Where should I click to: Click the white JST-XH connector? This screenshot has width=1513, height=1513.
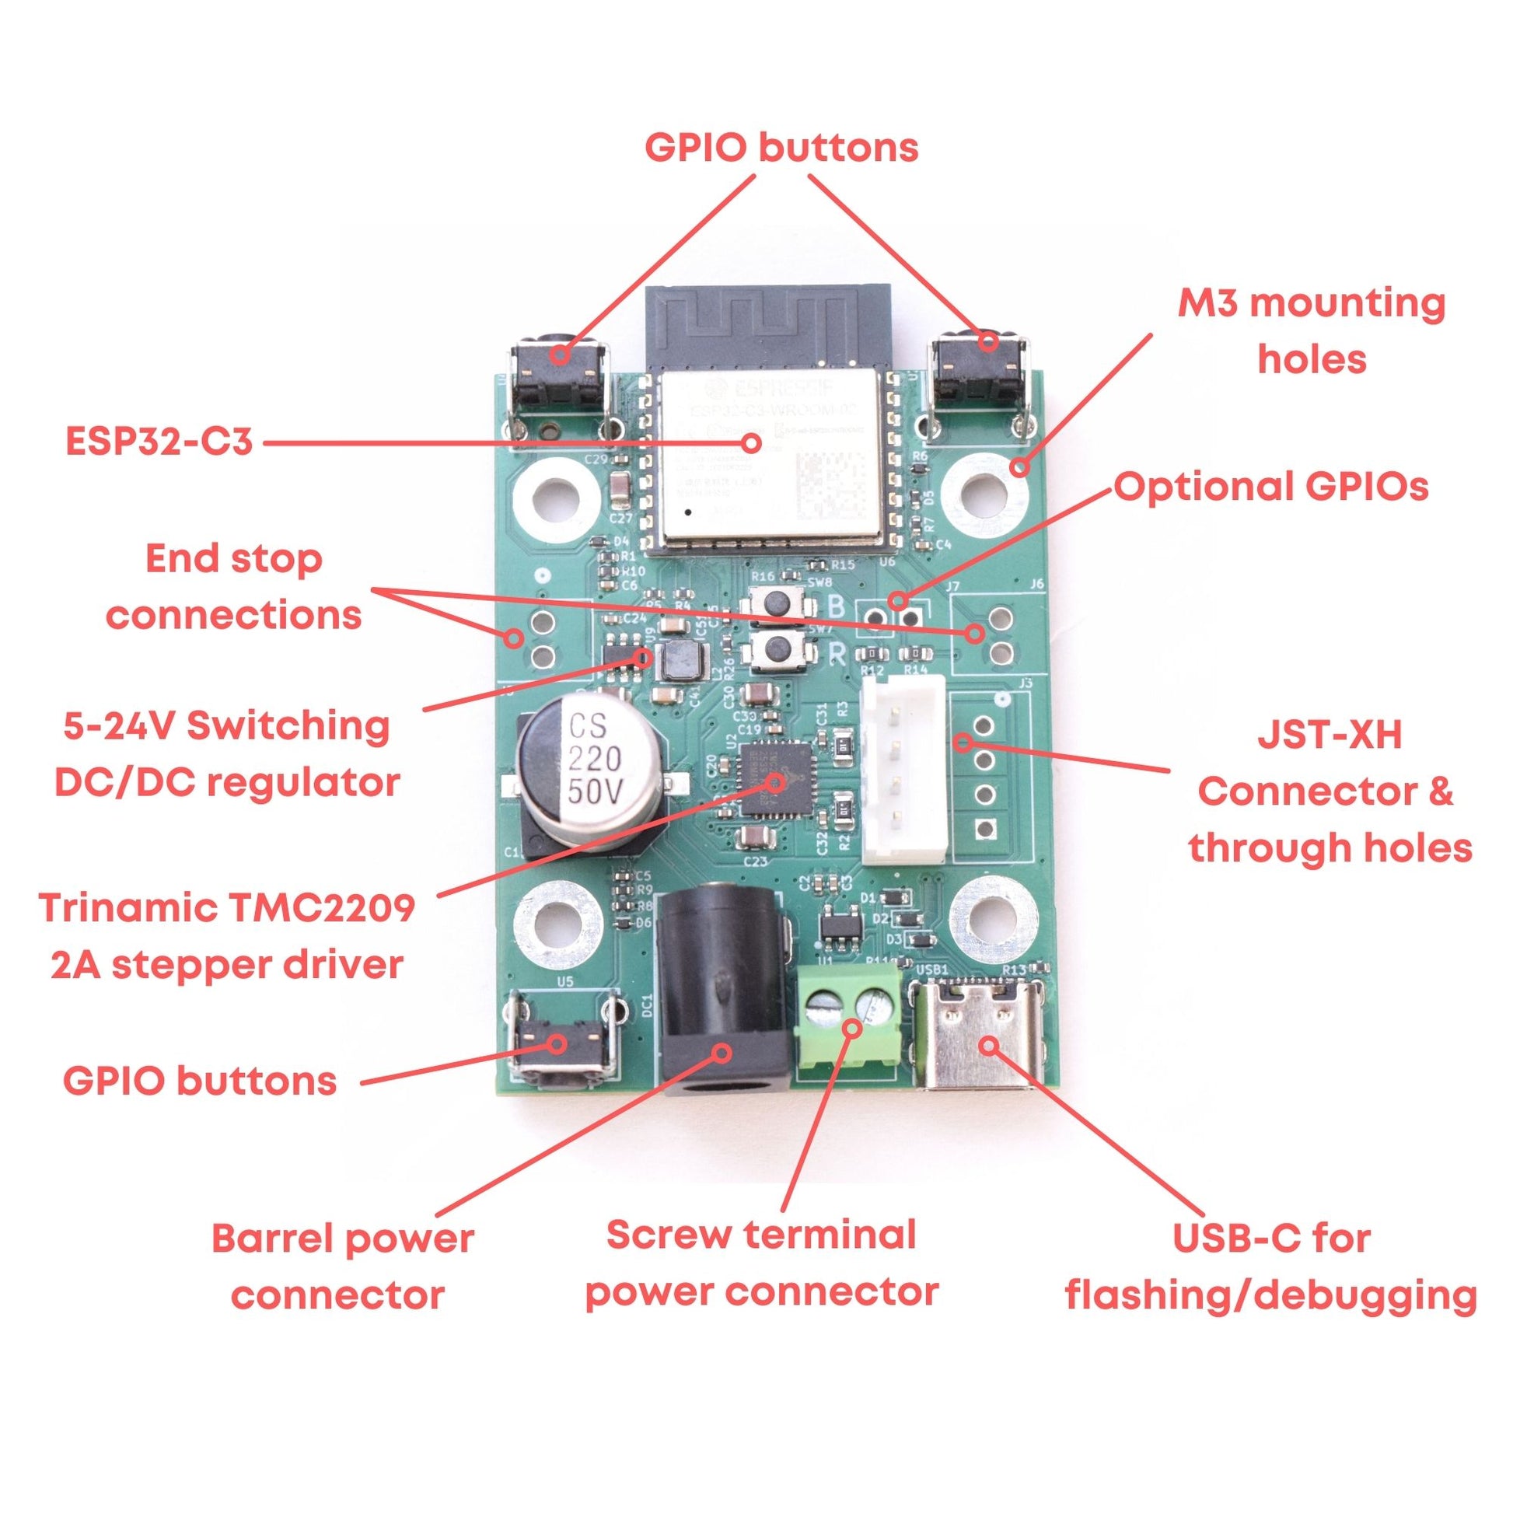pyautogui.click(x=903, y=771)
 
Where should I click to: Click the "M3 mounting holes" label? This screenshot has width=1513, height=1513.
pyautogui.click(x=1311, y=331)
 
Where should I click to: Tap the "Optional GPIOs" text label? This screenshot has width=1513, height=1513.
pyautogui.click(x=1270, y=487)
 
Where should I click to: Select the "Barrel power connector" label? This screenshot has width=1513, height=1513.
pyautogui.click(x=343, y=1267)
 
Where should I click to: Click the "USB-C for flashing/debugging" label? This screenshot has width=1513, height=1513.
pyautogui.click(x=1270, y=1267)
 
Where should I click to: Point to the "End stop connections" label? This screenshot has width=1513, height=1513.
pyautogui.click(x=234, y=587)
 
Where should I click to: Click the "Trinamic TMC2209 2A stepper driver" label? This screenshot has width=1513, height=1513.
pyautogui.click(x=226, y=936)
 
